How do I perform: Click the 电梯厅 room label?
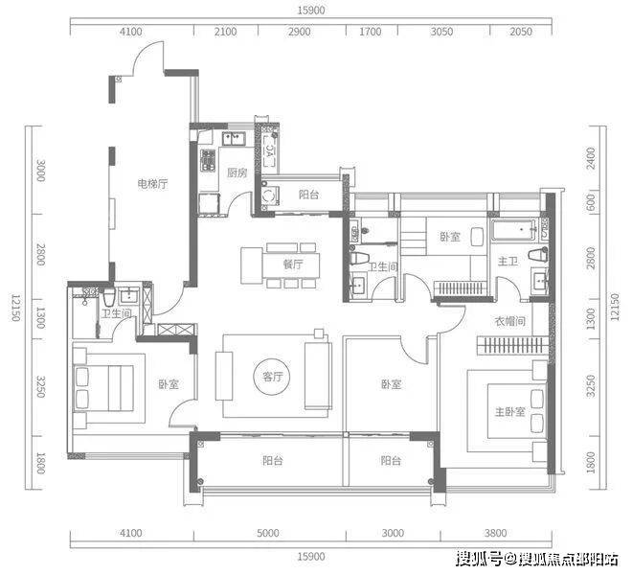152,184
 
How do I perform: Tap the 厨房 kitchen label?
237,173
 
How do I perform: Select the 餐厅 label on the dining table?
293,264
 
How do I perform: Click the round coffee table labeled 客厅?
272,377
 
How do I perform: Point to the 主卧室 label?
510,411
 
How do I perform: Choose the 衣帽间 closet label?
510,321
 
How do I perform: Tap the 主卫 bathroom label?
508,262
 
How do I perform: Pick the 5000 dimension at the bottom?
268,533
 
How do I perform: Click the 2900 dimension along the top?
299,32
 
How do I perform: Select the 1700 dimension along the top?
370,32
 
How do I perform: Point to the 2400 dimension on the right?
591,158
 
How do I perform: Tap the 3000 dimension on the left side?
41,171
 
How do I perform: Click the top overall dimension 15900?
311,11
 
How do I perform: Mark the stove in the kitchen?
208,161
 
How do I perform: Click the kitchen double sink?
235,138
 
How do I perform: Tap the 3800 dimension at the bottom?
496,533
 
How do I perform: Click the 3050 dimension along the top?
441,32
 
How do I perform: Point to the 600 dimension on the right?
591,202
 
